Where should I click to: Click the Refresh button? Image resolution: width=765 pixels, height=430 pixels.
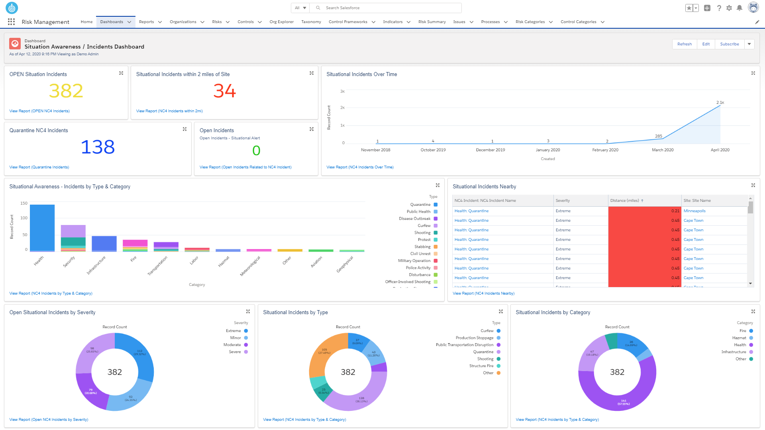(684, 44)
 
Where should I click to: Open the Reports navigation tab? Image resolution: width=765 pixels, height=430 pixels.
(147, 22)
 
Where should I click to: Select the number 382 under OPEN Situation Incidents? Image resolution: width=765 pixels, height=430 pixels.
(66, 91)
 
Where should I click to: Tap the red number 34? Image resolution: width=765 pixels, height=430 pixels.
(224, 91)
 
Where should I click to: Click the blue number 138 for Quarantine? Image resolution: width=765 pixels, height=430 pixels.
(98, 147)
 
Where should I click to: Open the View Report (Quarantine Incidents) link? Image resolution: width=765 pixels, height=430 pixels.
(39, 167)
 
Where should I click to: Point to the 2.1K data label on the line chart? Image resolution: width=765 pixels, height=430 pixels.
(720, 103)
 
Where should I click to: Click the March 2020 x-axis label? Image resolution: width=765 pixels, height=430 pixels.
(662, 150)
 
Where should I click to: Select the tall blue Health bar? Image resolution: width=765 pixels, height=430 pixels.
(42, 227)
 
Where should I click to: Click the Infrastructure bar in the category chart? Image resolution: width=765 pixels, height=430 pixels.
(104, 243)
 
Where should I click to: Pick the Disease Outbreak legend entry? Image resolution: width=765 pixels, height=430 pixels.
(415, 219)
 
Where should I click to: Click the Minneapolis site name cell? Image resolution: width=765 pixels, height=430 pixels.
(694, 211)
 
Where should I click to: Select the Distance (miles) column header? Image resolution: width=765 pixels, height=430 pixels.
(624, 201)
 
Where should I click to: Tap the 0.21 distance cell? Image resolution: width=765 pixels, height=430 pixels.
(675, 211)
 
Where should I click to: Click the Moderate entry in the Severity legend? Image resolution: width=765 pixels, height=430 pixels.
(232, 345)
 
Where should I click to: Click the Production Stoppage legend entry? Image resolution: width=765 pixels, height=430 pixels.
(475, 338)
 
